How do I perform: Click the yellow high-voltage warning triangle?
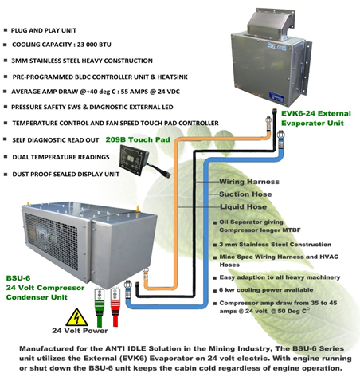[x=76, y=318]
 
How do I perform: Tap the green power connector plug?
[x=99, y=308]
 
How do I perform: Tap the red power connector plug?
[x=115, y=307]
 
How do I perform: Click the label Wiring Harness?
[x=249, y=182]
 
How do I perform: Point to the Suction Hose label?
[x=245, y=194]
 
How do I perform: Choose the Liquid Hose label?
[x=243, y=206]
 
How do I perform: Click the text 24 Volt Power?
[x=80, y=331]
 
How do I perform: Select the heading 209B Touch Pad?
[x=138, y=139]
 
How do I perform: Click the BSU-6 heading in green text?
[x=18, y=278]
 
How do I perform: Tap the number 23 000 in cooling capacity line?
[x=83, y=45]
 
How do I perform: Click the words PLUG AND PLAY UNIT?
[x=44, y=30]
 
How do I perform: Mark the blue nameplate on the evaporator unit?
[x=276, y=97]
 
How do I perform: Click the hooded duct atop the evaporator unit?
[x=271, y=23]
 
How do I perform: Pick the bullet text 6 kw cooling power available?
[x=266, y=290]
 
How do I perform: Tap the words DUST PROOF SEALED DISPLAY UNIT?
[x=66, y=175]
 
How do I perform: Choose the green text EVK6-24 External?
[x=316, y=113]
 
